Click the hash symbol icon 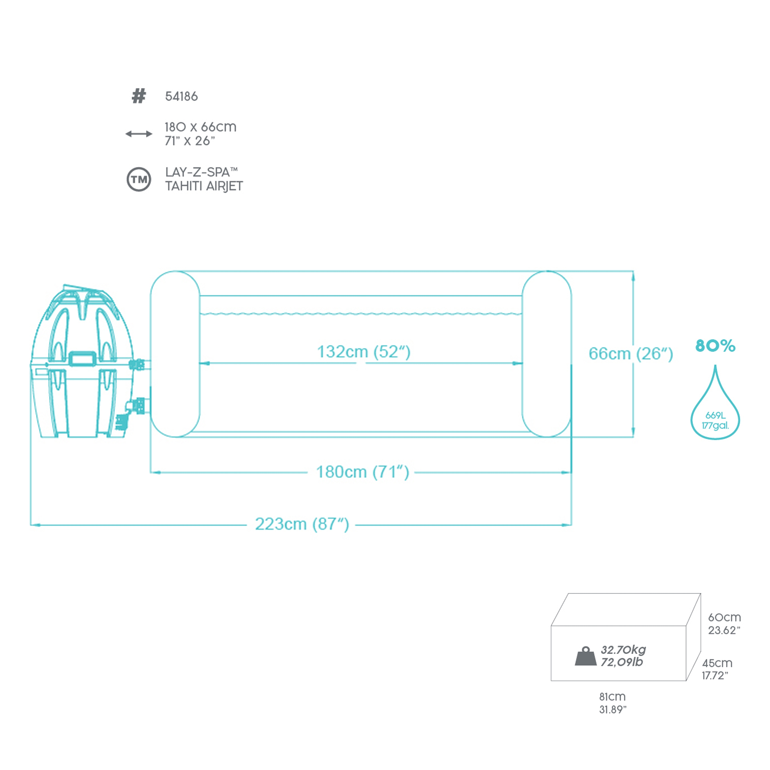click(x=139, y=96)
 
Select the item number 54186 click(x=181, y=97)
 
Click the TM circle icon click(x=139, y=179)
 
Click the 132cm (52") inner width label click(x=363, y=352)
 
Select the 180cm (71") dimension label click(x=362, y=472)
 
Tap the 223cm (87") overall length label click(x=302, y=524)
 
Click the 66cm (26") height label click(x=631, y=353)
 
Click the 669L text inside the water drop click(x=715, y=415)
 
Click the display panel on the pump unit click(x=82, y=358)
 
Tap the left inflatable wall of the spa click(x=175, y=354)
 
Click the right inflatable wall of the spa click(x=546, y=354)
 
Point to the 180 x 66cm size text click(x=200, y=127)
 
